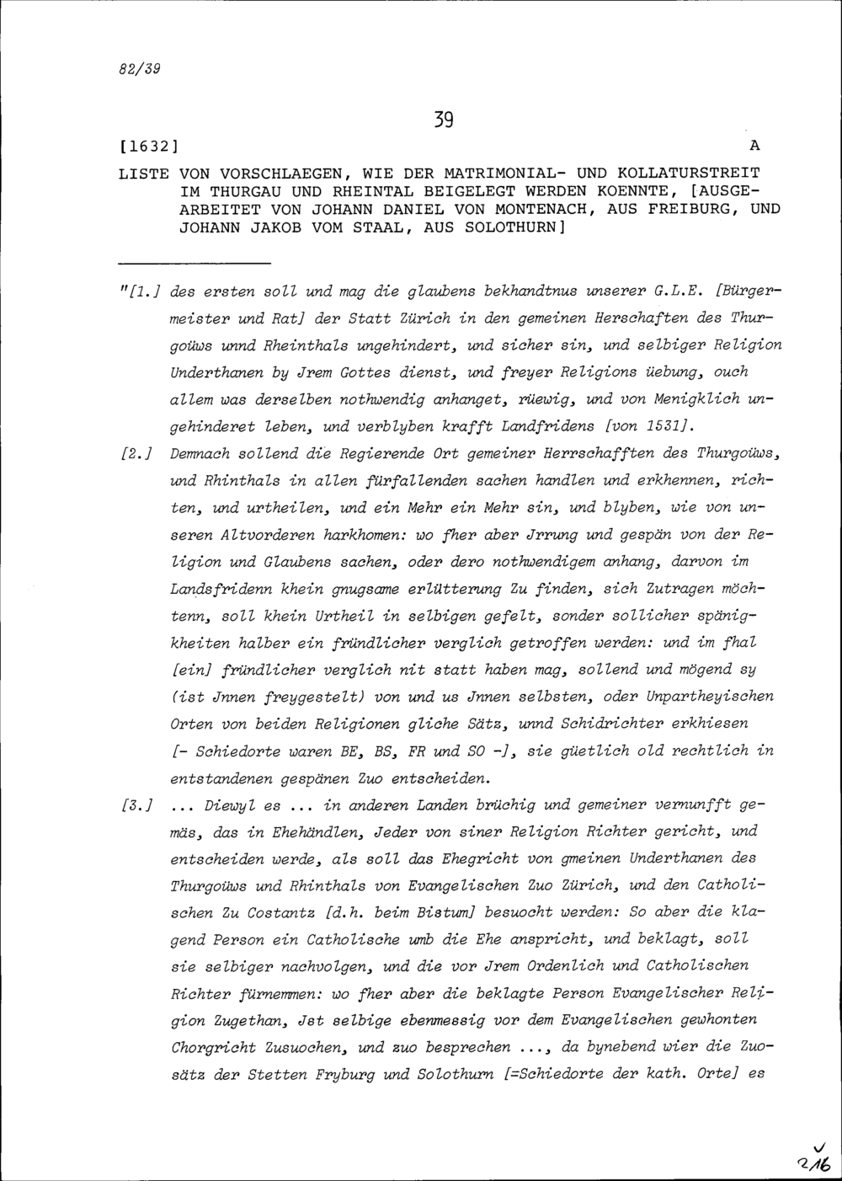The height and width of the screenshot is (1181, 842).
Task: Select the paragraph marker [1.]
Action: [144, 293]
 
